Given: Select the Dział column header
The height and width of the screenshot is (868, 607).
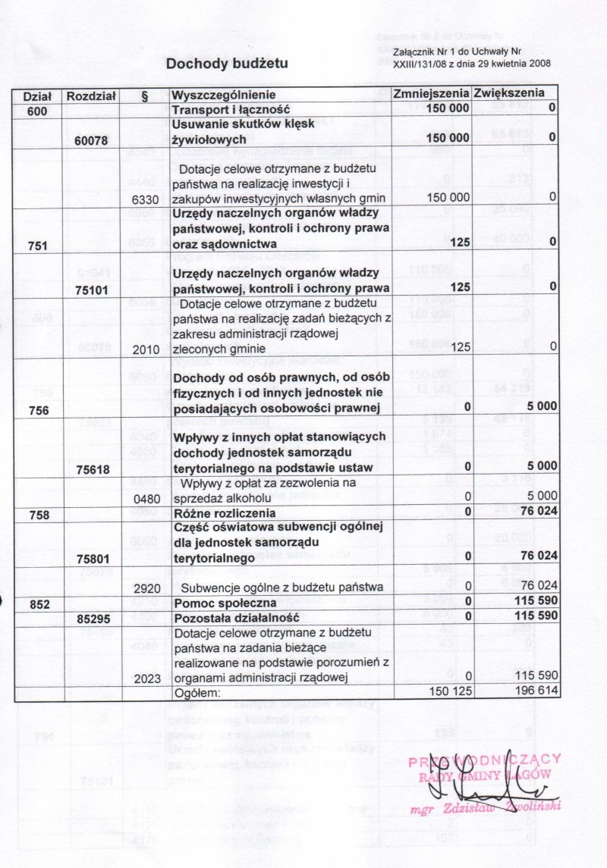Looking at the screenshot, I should [37, 96].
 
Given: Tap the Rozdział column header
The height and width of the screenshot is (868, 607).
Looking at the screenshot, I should [91, 96].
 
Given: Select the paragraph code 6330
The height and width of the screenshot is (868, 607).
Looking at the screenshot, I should [145, 198].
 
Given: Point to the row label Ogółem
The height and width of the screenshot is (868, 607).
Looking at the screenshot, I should [197, 692].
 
